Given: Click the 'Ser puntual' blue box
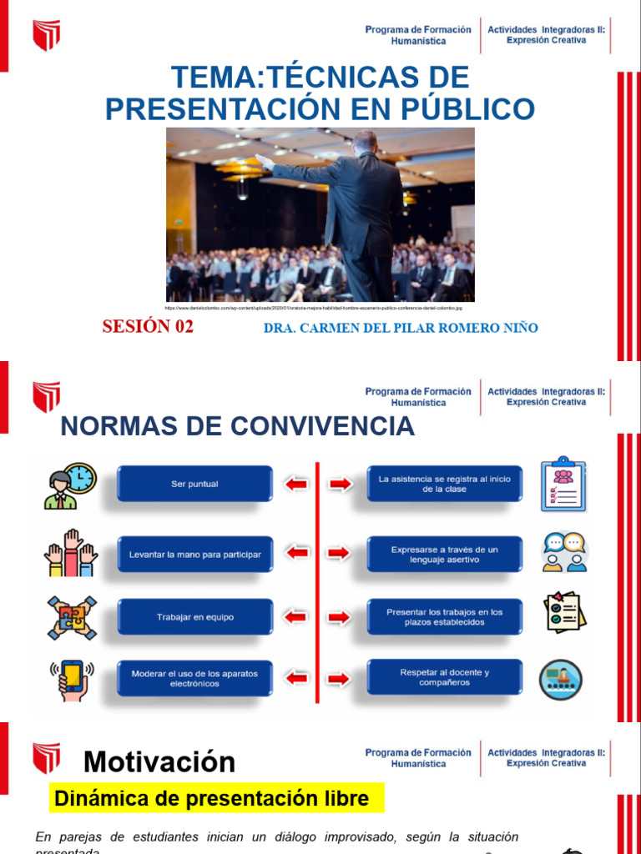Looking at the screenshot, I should tap(194, 484).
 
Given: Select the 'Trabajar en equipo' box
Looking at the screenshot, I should tap(194, 617).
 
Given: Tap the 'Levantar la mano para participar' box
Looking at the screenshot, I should tap(194, 554).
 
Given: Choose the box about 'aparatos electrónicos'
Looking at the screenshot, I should tap(194, 678).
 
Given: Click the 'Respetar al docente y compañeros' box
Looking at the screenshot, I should tap(445, 677).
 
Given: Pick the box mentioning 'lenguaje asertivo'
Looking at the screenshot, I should tap(445, 555).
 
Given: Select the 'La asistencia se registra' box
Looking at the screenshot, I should tap(445, 484).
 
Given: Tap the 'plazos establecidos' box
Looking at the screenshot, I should tap(445, 617).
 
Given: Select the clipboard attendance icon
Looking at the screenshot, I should tap(564, 484).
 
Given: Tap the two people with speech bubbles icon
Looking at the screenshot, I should tap(564, 552).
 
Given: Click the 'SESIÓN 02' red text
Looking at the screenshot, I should tap(148, 327).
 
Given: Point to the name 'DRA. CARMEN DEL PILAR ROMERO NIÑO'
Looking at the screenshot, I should tap(401, 328).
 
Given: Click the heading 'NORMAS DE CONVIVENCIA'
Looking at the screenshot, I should tap(238, 426).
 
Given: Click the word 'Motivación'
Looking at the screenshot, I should tap(159, 761).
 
